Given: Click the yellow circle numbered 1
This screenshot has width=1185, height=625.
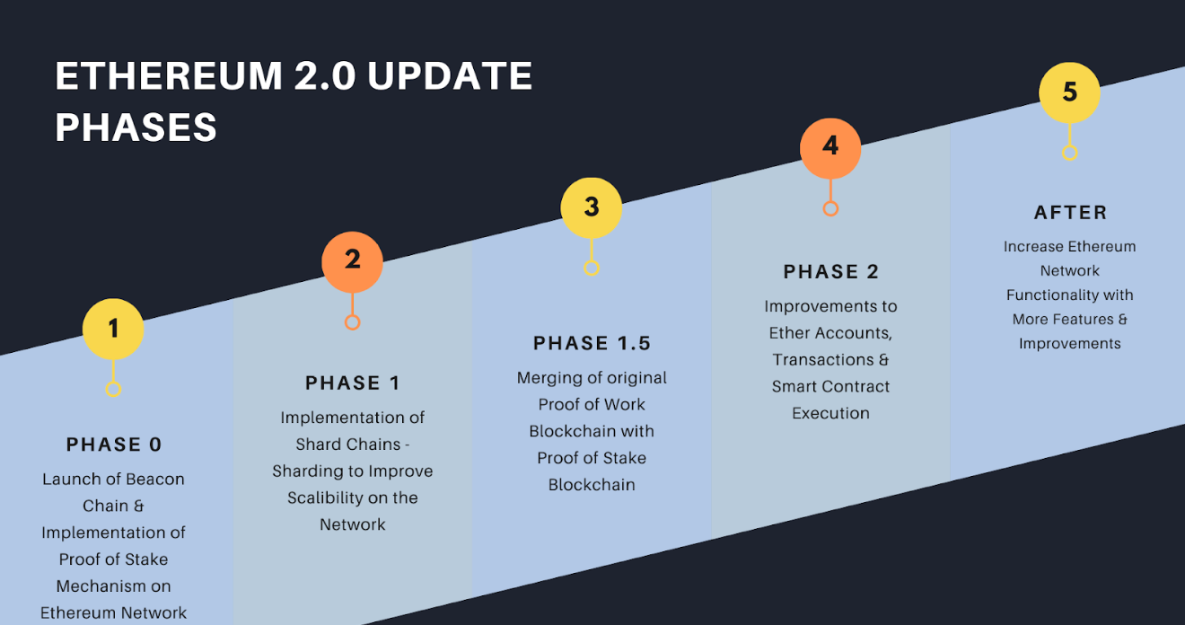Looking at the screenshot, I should [x=113, y=329].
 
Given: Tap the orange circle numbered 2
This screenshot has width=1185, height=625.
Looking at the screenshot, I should [x=352, y=261].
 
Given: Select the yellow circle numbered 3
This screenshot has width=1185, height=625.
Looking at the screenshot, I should [x=592, y=207].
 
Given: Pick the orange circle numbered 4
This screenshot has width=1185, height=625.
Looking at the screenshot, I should [x=830, y=147].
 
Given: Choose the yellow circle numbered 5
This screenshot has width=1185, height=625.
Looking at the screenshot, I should [x=1069, y=92].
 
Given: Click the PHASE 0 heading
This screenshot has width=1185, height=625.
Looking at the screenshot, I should [x=113, y=445].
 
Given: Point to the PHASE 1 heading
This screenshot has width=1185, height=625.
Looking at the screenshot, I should [x=352, y=383].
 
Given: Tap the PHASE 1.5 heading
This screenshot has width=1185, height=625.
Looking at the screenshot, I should [x=592, y=343].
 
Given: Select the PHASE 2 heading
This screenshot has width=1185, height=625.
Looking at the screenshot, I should [x=830, y=272].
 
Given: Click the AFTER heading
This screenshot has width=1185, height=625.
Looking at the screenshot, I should [x=1070, y=213].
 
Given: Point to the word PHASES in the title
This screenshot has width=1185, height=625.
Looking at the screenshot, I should [x=136, y=128].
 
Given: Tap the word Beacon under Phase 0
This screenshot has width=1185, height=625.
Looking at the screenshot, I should [x=154, y=479].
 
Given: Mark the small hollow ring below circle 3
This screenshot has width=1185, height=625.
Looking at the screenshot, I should [x=592, y=268].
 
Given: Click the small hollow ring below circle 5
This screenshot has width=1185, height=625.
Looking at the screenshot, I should [x=1069, y=153].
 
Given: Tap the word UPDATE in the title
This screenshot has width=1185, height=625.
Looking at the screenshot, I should [x=450, y=77].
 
